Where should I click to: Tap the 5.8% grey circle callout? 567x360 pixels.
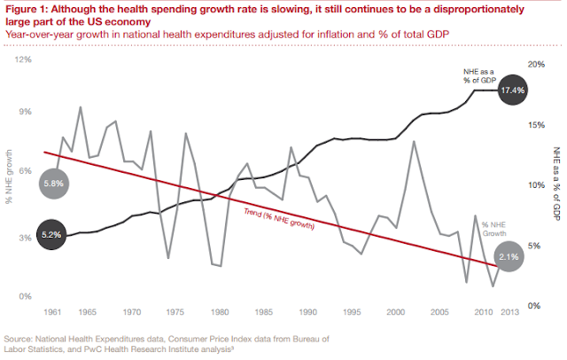click(x=53, y=183)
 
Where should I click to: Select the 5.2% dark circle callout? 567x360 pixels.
click(x=52, y=236)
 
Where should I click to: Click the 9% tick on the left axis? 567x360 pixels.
click(x=26, y=113)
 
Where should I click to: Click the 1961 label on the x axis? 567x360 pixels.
click(x=52, y=312)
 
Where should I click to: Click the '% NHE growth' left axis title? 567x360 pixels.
click(x=9, y=178)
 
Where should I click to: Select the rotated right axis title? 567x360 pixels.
click(x=555, y=184)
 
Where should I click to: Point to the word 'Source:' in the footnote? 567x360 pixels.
click(x=20, y=339)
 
